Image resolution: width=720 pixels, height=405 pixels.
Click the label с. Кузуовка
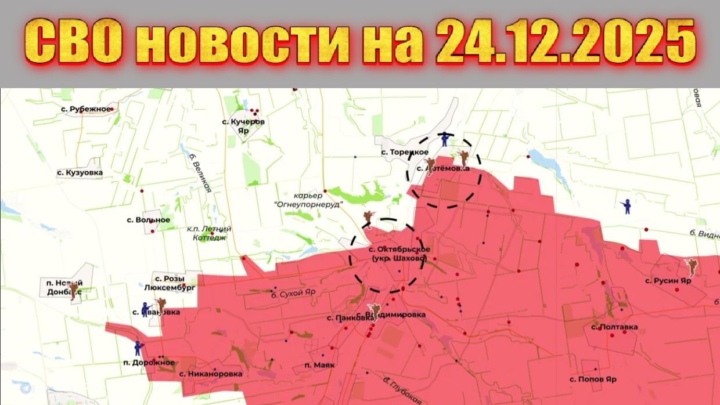[80, 172]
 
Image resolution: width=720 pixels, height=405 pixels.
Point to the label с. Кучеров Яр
[244, 126]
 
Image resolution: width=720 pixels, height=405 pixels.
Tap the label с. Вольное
[148, 220]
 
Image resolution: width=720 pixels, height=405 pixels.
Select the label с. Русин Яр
[668, 281]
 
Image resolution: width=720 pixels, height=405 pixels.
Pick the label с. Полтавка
[614, 327]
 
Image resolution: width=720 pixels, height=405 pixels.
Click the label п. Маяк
[319, 366]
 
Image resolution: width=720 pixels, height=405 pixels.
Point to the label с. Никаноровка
[211, 374]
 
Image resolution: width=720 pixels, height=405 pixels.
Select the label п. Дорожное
[149, 363]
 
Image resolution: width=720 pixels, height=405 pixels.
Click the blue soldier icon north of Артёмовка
[445, 139]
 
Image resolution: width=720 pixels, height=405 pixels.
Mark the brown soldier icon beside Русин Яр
[691, 267]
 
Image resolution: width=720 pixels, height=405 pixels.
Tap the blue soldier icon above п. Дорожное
[138, 347]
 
